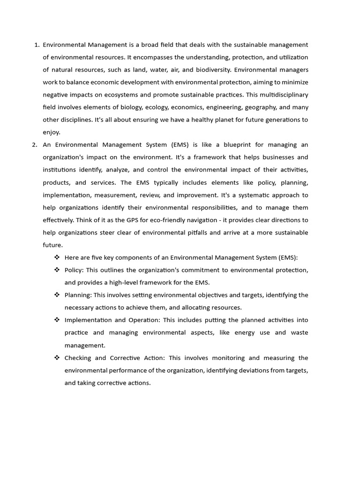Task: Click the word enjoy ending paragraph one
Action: pos(52,132)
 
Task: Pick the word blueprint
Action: pos(236,145)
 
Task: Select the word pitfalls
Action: pos(205,232)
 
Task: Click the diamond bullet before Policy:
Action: pos(57,270)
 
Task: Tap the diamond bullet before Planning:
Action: pos(57,295)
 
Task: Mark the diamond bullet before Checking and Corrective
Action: pos(57,358)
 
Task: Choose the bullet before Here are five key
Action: pos(57,257)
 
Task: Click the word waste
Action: pos(298,332)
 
